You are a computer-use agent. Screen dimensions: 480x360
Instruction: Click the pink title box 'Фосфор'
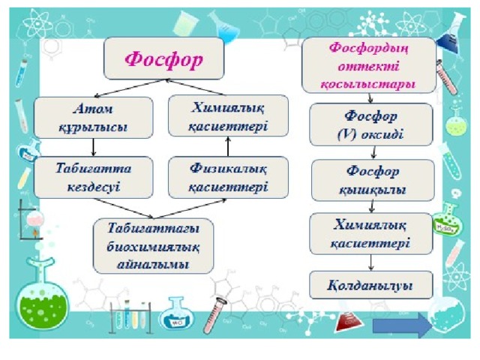[163, 58]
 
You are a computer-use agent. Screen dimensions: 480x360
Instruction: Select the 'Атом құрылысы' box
[93, 118]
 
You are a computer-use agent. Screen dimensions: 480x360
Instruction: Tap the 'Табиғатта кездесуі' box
[93, 177]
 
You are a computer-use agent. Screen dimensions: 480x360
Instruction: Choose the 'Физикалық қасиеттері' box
[228, 177]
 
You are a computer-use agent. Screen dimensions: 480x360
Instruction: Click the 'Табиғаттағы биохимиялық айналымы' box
[153, 246]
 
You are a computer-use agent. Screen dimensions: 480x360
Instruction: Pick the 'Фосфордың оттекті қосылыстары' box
[369, 65]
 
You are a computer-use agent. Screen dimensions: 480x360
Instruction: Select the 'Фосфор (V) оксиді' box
[371, 124]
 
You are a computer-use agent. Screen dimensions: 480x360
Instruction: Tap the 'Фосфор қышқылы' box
[373, 180]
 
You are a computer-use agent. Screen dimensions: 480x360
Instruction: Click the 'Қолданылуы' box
[371, 285]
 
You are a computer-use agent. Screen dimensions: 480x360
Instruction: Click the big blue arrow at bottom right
[402, 325]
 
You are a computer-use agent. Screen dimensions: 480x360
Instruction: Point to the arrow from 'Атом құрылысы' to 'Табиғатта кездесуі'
[94, 148]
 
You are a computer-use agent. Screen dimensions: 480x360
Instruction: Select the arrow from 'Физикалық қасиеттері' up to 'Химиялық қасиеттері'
[228, 147]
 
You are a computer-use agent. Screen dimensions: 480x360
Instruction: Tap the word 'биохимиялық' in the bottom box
[153, 247]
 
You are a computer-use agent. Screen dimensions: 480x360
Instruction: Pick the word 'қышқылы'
[373, 190]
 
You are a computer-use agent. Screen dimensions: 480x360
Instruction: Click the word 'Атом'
[93, 109]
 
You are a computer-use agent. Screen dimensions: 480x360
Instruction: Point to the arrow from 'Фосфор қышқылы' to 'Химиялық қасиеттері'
[372, 207]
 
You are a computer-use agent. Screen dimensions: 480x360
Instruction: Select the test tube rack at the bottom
[130, 317]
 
